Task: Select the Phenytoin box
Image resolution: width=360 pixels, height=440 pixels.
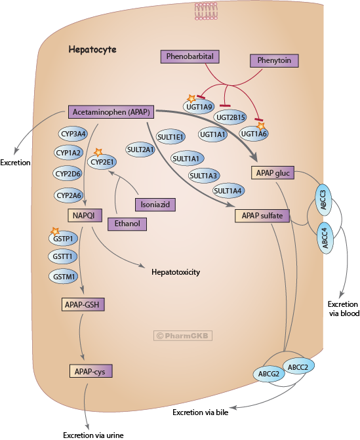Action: click(274, 61)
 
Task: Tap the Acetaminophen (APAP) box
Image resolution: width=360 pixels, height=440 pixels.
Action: click(109, 112)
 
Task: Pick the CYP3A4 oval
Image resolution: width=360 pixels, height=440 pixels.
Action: click(73, 134)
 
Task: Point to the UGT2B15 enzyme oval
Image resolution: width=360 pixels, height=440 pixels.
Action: click(230, 117)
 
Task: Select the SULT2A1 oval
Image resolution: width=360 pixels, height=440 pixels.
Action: click(140, 150)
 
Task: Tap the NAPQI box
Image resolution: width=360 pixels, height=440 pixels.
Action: click(83, 215)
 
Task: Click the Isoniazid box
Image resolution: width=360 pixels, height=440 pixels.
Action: click(155, 204)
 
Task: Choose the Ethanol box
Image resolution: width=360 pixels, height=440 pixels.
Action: click(127, 224)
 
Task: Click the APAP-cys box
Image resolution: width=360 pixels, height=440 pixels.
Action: click(91, 371)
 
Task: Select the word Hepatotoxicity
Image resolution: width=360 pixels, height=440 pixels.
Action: click(175, 271)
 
